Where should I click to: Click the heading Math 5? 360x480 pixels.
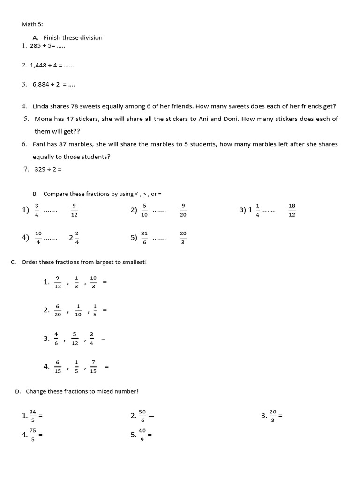point(32,24)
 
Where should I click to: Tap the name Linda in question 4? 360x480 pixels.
point(41,106)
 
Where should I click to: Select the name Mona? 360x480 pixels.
point(44,119)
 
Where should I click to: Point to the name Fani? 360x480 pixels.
point(40,144)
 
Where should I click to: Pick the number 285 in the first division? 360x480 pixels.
point(35,46)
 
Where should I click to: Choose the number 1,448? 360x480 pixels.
point(39,66)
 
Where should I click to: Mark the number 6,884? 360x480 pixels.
point(41,85)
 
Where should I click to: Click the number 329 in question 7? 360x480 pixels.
point(40,169)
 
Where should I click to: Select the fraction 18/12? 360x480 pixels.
point(292,210)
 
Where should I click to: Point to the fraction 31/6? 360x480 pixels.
point(144,238)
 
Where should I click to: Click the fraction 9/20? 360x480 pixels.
point(183,210)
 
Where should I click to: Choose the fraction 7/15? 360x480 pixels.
point(93,367)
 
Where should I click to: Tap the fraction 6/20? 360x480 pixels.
point(58,310)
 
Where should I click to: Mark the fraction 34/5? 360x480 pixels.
point(32,415)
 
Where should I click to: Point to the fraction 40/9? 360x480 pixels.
point(142,435)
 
